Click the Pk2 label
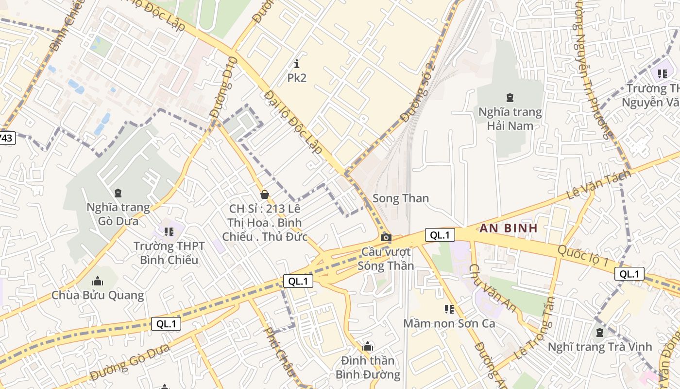pos(297,78)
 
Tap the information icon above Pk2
pos(297,63)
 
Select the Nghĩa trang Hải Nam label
pos(510,119)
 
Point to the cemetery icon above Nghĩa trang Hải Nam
pos(510,98)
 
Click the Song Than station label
pos(400,198)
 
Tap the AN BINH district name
pos(509,228)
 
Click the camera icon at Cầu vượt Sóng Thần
pos(386,237)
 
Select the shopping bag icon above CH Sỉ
pos(265,194)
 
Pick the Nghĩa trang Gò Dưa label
pos(118,214)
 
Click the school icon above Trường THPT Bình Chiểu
pos(169,231)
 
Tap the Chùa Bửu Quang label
pos(98,295)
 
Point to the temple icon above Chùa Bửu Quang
pos(98,281)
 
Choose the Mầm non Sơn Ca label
pos(449,323)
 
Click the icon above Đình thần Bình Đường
pos(368,346)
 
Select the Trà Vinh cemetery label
pos(599,347)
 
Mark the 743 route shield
pos(6,138)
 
